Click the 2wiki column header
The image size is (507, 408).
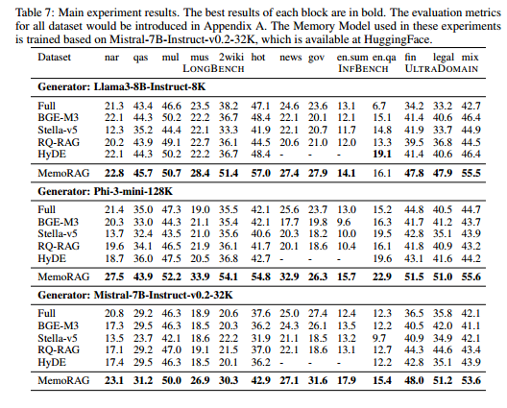coord(230,58)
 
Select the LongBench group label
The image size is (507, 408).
coord(213,69)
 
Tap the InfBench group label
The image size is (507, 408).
coord(363,69)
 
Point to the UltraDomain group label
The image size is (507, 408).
coord(442,69)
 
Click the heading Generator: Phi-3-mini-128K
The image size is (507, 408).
coord(105,191)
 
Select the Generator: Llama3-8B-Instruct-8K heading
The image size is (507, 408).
coord(122,87)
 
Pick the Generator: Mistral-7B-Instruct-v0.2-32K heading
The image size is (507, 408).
coord(135,295)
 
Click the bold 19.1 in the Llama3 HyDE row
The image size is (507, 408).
coord(382,154)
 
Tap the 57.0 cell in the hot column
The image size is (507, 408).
coord(260,173)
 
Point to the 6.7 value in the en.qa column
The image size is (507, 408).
coord(379,106)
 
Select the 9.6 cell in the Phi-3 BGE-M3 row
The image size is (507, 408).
coord(344,222)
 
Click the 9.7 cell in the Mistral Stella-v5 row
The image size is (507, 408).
coord(379,338)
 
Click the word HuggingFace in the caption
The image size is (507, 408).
coord(398,39)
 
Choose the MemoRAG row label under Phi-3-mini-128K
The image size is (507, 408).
coord(63,276)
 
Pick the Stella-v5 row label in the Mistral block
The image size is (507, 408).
coord(58,338)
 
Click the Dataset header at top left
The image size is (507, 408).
coord(54,58)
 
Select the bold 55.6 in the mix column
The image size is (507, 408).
coord(471,276)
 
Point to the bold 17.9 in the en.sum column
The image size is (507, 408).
coord(347,380)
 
